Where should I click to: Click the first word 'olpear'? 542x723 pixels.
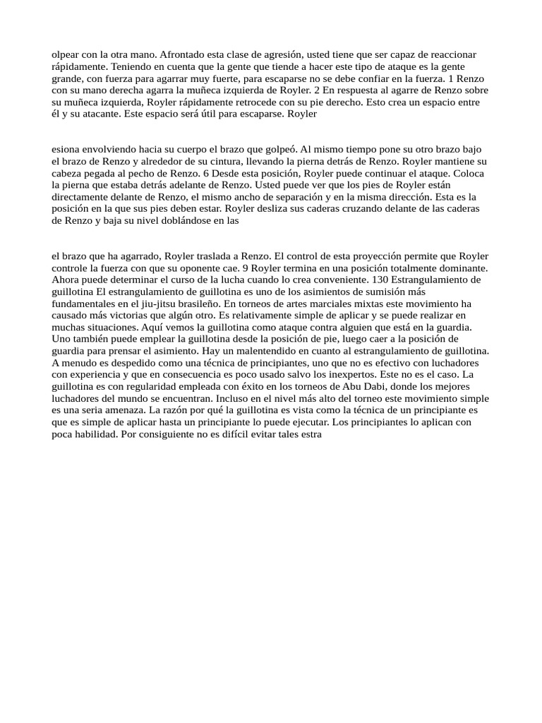click(65, 54)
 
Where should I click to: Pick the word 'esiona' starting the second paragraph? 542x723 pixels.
click(66, 149)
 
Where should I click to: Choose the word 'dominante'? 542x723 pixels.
click(453, 268)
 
